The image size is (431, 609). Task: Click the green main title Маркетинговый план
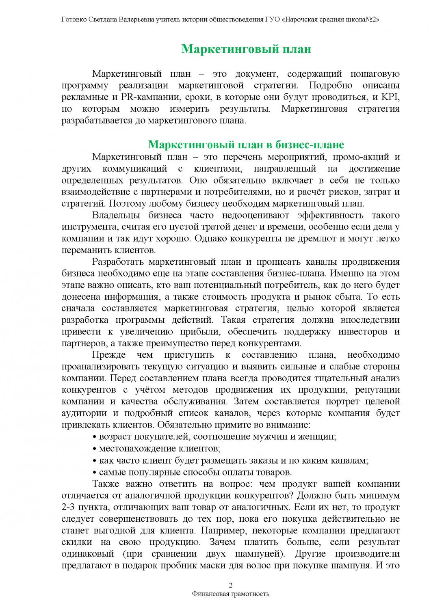coord(246,49)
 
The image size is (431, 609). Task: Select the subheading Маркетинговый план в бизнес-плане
coord(246,145)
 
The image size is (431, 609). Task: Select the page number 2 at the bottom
coord(231,585)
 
